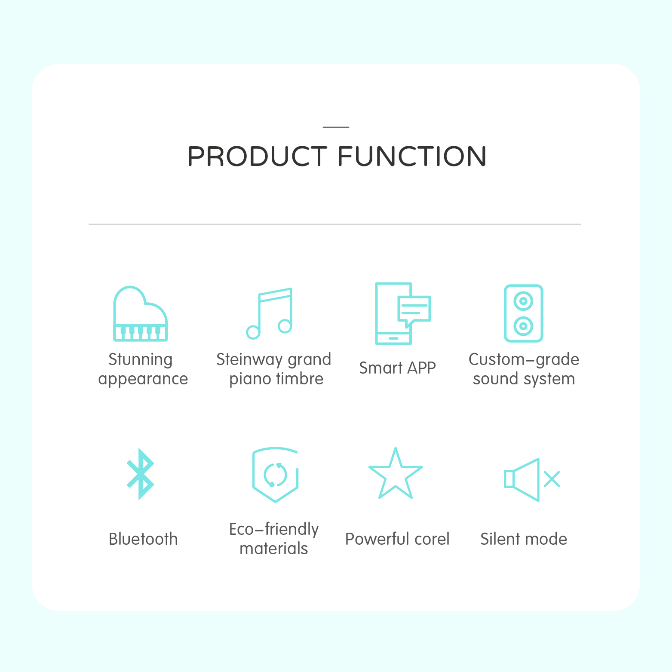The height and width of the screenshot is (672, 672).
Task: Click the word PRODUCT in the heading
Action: [257, 156]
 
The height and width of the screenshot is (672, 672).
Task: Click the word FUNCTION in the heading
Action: [412, 156]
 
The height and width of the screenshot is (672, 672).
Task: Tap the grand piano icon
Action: [140, 313]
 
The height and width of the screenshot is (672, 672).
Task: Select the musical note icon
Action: [269, 313]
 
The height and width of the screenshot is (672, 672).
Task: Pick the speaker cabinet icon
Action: [523, 313]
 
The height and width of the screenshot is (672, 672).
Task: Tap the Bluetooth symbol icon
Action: [141, 474]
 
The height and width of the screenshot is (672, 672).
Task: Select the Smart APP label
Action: [397, 368]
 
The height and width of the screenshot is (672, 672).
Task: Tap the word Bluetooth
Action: [143, 539]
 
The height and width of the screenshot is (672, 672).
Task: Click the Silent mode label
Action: [524, 539]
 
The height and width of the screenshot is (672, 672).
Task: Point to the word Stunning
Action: [141, 360]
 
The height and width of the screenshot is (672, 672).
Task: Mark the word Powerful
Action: [374, 539]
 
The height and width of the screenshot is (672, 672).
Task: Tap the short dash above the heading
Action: [336, 127]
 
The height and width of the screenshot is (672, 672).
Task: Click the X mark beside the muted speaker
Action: [552, 479]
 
